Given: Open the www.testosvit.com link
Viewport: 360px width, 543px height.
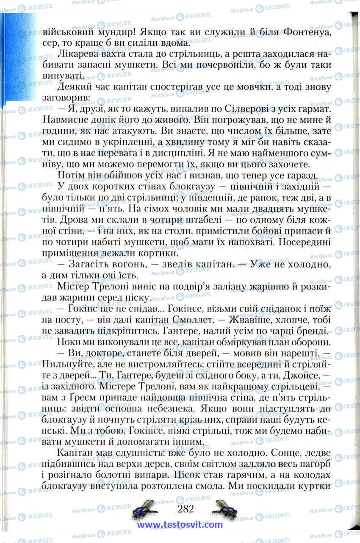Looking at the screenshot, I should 180,525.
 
